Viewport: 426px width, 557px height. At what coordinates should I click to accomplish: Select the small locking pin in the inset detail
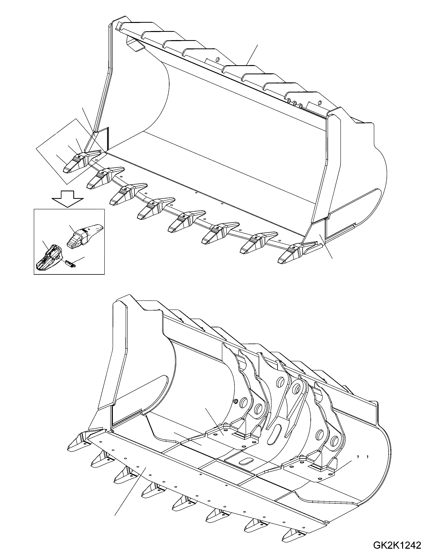[71, 264]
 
